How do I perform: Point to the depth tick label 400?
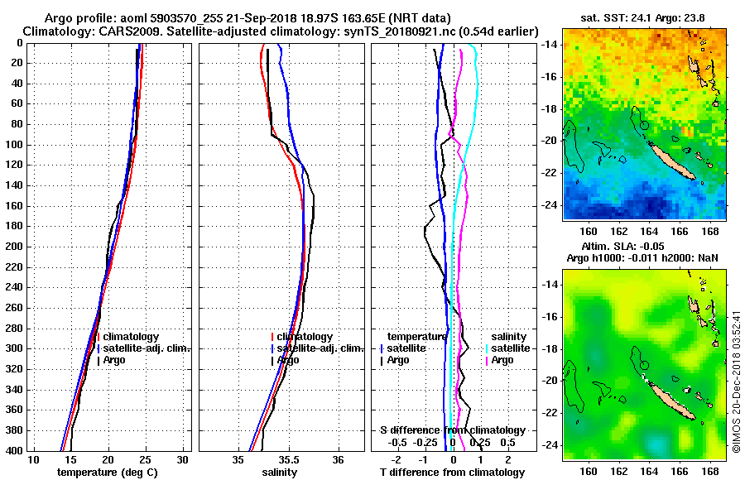pyautogui.click(x=13, y=450)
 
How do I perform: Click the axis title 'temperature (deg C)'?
pyautogui.click(x=107, y=472)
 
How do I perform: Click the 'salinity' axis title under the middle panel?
pyautogui.click(x=281, y=472)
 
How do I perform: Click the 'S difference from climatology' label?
pyautogui.click(x=452, y=430)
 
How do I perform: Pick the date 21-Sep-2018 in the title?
pyautogui.click(x=262, y=18)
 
